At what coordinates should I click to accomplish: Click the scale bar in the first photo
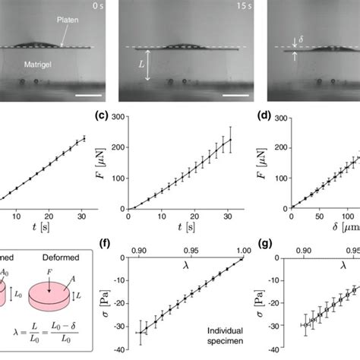pyautogui.click(x=86, y=95)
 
